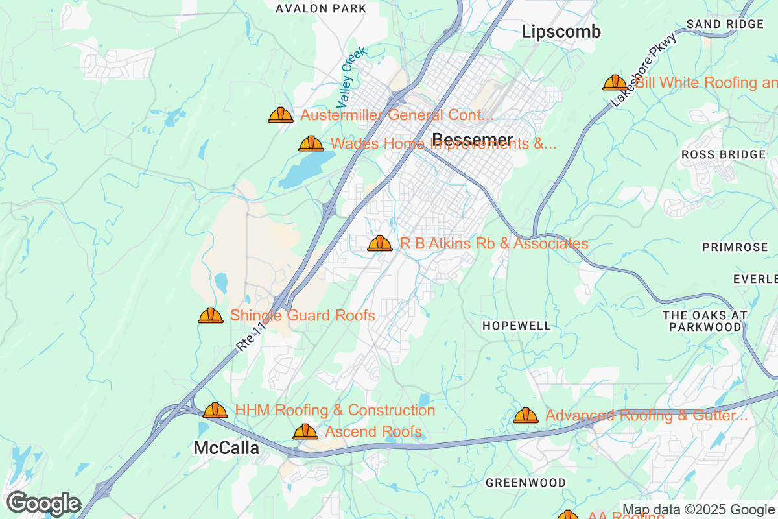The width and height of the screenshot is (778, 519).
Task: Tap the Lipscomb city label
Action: pyautogui.click(x=561, y=31)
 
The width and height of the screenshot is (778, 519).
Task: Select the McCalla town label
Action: pyautogui.click(x=226, y=448)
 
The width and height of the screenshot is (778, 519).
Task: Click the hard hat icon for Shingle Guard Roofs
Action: pyautogui.click(x=211, y=316)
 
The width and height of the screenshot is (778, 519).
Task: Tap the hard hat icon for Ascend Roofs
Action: pyautogui.click(x=305, y=431)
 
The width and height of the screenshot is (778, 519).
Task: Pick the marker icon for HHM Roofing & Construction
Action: pyautogui.click(x=215, y=410)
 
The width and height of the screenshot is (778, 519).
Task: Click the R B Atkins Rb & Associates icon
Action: pyautogui.click(x=380, y=243)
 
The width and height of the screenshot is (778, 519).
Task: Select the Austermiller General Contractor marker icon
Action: pyautogui.click(x=281, y=115)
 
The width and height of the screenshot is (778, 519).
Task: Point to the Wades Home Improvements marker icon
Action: pyautogui.click(x=311, y=143)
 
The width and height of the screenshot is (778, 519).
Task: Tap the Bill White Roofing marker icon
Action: pyautogui.click(x=615, y=82)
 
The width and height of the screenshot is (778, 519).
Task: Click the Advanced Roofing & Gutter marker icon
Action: pyautogui.click(x=526, y=415)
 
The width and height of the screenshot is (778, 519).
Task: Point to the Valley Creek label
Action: pyautogui.click(x=351, y=77)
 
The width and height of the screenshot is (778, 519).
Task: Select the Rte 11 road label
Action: pyautogui.click(x=252, y=335)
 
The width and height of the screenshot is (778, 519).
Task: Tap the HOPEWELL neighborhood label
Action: pyautogui.click(x=517, y=326)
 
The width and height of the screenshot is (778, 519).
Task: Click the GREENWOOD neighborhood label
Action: pyautogui.click(x=526, y=483)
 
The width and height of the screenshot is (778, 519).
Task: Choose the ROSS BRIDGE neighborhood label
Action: pyautogui.click(x=724, y=154)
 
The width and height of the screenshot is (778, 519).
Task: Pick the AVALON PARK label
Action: pyautogui.click(x=321, y=8)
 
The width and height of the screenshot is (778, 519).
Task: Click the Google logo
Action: pyautogui.click(x=43, y=503)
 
